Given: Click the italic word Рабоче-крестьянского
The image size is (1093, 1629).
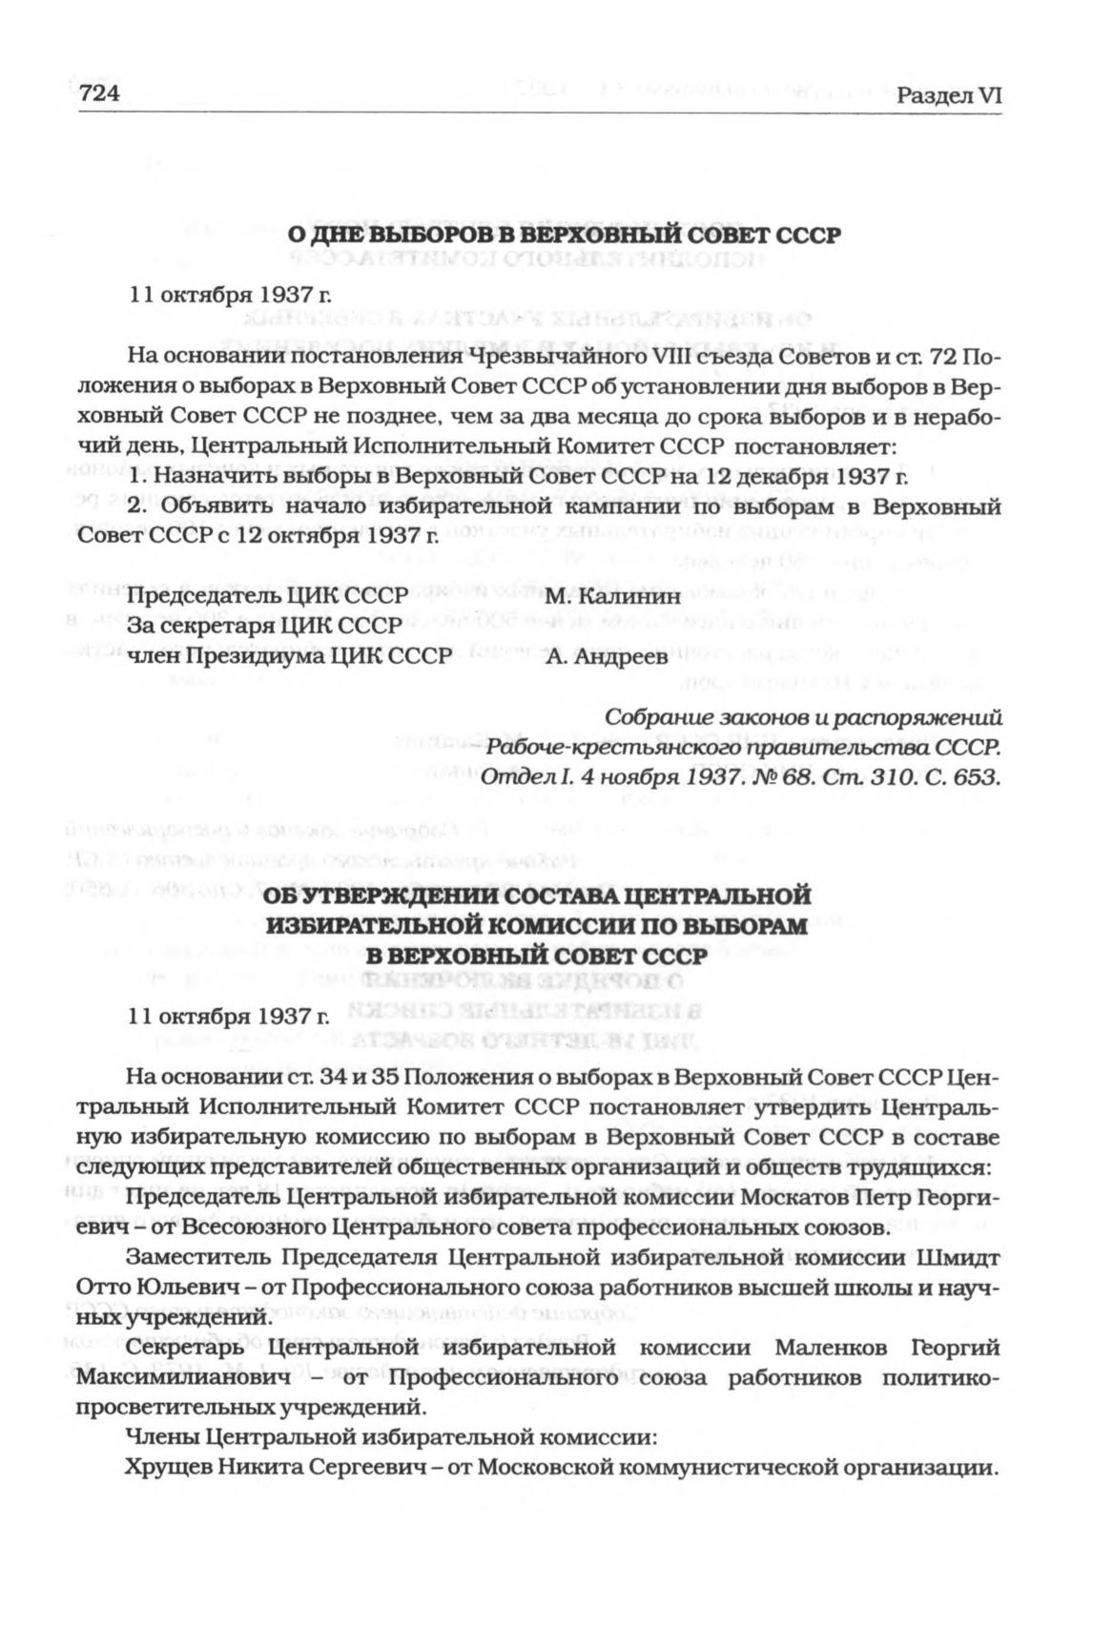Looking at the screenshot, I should point(588,747).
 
